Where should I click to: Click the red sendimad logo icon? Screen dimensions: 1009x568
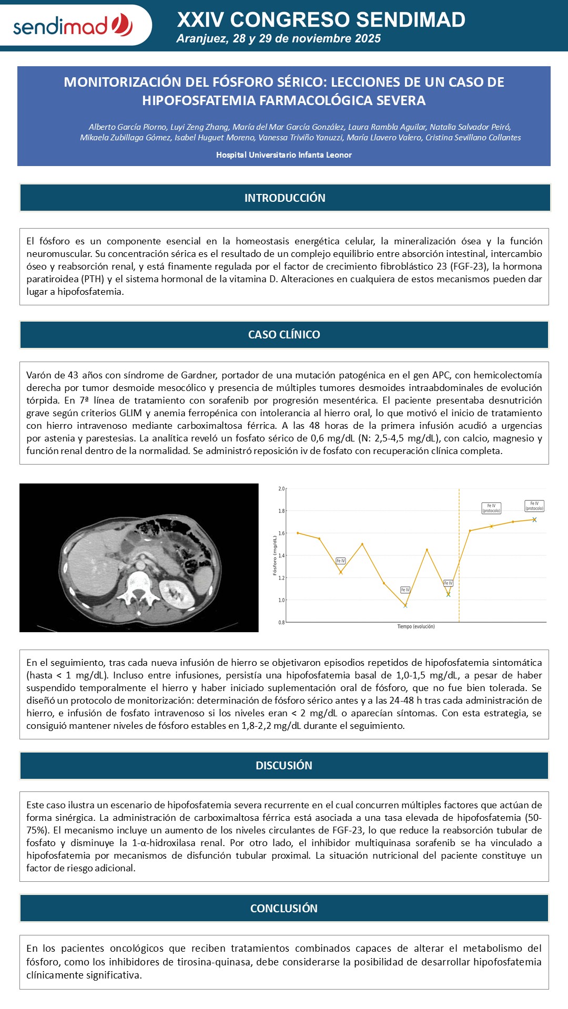point(122,25)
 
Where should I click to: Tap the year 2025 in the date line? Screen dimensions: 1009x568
point(367,38)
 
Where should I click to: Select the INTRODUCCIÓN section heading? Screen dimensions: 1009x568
point(285,198)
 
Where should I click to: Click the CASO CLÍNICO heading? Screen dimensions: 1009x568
point(284,335)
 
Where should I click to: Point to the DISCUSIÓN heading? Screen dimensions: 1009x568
point(284,766)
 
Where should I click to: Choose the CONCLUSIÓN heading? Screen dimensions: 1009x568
point(284,909)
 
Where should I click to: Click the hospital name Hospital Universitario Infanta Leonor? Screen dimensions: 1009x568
point(284,155)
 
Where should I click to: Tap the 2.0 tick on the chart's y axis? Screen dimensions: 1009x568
point(281,489)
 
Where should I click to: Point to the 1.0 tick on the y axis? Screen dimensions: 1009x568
point(281,600)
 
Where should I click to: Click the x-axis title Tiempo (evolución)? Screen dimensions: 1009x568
point(415,626)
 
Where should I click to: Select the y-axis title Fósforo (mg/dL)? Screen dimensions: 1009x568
point(275,555)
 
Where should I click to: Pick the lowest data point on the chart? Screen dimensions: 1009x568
point(405,606)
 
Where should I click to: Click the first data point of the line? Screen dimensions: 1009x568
point(298,533)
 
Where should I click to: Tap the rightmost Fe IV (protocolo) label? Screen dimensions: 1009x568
point(534,506)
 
